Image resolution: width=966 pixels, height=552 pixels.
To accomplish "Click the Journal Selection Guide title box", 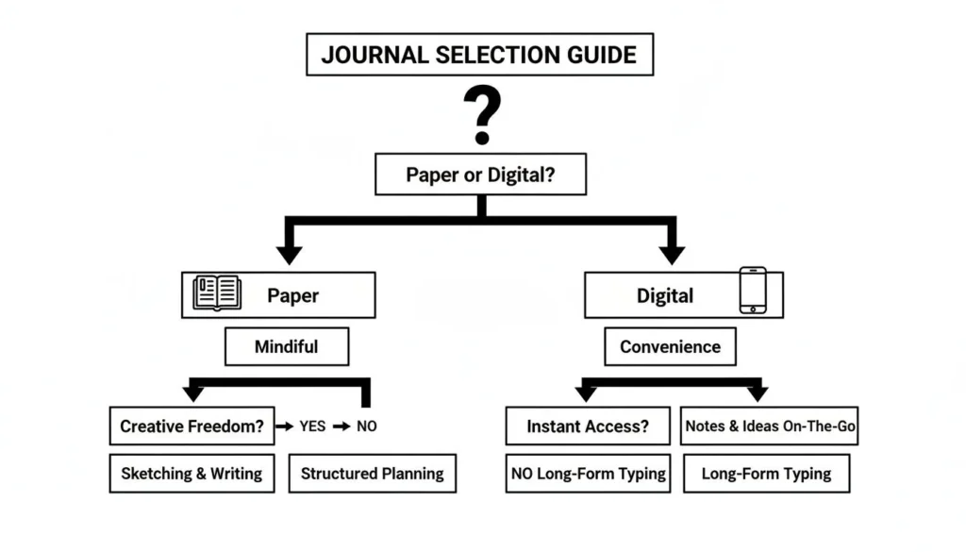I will (479, 54).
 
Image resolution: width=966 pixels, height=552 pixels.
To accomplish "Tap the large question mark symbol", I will (481, 113).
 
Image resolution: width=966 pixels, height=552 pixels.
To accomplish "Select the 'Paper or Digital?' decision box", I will (480, 175).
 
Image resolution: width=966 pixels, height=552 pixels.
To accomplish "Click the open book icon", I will (217, 293).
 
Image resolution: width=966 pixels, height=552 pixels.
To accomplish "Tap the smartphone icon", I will (752, 290).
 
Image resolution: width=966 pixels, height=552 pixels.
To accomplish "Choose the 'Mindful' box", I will (286, 346).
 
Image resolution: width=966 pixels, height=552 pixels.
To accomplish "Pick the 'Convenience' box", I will (670, 346).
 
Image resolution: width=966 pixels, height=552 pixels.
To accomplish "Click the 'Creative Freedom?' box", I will (192, 427).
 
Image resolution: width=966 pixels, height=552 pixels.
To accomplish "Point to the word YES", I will (312, 427).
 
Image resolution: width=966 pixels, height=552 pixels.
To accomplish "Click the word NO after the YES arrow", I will (366, 427).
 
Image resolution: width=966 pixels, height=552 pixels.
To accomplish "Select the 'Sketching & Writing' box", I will (192, 474).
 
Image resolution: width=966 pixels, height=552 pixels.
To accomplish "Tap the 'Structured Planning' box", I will (372, 474).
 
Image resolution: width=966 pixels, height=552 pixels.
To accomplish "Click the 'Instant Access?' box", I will (588, 427).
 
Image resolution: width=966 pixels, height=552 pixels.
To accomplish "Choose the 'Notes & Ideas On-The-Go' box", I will (770, 427).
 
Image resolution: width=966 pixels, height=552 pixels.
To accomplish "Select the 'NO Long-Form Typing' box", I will (589, 474).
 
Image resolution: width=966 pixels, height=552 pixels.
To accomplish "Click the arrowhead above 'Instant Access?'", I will (586, 393).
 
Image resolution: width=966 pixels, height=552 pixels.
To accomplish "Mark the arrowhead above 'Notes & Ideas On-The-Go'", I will (757, 393).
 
